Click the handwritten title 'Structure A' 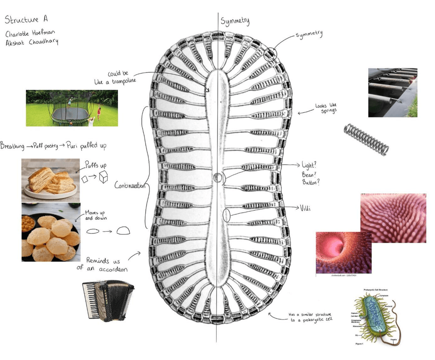click(25, 20)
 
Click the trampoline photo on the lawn click(72, 108)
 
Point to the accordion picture click(102, 300)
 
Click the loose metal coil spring click(366, 139)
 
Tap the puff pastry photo click(50, 179)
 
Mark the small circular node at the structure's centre click(218, 177)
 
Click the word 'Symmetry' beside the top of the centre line click(235, 21)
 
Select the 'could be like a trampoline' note click(115, 78)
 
